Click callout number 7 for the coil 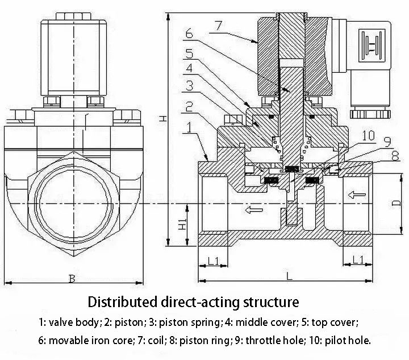tap(219, 26)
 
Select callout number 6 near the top tap(189, 34)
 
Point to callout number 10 tap(369, 135)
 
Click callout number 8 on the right tap(395, 156)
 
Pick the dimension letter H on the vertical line tap(163, 119)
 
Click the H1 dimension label tap(182, 224)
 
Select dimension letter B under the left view tap(72, 279)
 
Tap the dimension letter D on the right tap(396, 203)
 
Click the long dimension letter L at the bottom tap(289, 276)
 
